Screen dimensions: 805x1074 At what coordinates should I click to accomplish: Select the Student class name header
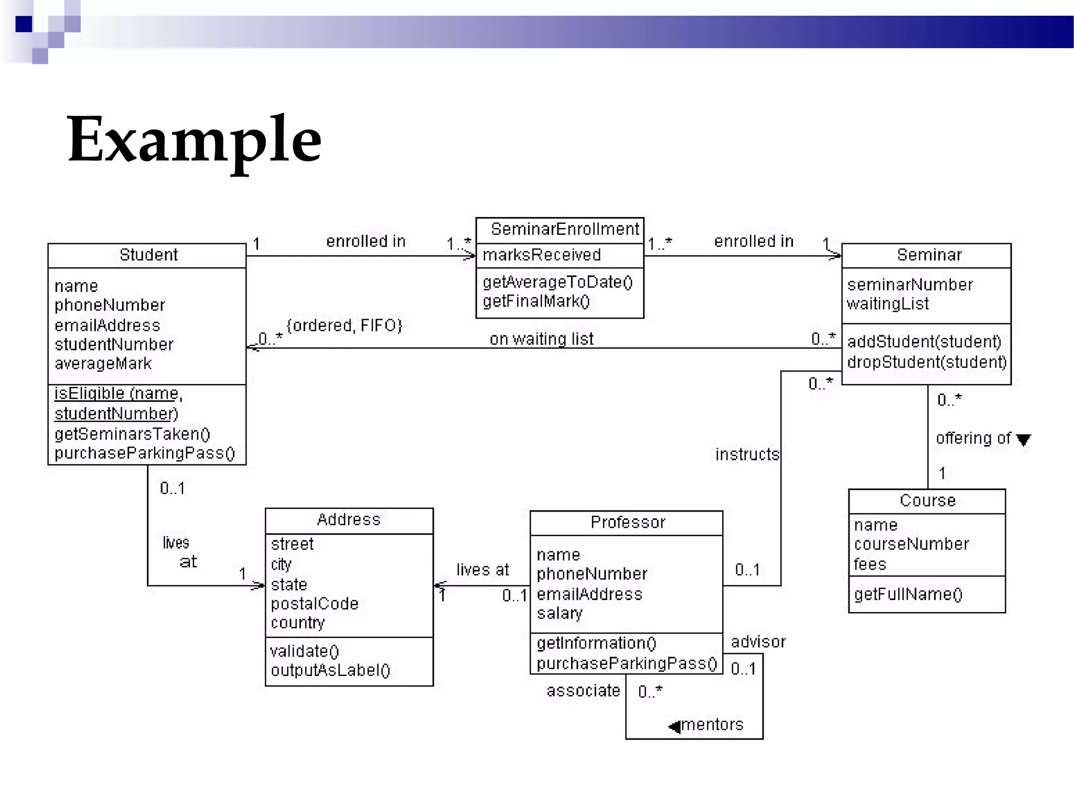point(148,255)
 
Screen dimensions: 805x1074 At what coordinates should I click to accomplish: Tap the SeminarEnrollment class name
point(565,230)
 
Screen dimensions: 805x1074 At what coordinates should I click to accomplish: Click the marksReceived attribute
point(541,255)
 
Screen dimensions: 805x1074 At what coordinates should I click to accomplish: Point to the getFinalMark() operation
point(536,301)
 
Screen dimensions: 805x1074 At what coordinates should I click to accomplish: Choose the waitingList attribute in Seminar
point(887,304)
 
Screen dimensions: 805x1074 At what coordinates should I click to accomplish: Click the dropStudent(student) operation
point(926,362)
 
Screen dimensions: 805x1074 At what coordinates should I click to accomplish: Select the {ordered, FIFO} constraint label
point(345,325)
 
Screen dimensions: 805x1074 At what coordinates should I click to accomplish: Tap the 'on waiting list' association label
point(541,339)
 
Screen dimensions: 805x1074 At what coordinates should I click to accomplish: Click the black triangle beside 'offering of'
point(1023,440)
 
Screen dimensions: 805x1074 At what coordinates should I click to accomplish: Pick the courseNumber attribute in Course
point(911,544)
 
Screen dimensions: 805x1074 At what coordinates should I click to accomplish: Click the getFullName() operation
point(908,594)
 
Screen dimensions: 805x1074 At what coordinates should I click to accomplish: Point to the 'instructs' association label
point(747,454)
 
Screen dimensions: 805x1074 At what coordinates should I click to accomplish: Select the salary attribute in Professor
point(560,613)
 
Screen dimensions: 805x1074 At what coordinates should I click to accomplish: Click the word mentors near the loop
point(712,725)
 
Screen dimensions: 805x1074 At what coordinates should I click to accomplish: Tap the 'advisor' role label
point(758,642)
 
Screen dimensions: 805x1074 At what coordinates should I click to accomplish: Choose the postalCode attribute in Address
point(315,604)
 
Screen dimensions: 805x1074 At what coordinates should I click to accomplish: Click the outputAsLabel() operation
point(330,670)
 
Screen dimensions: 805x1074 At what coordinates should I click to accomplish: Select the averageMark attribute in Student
point(103,364)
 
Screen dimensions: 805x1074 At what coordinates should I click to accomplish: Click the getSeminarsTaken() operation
point(132,434)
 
